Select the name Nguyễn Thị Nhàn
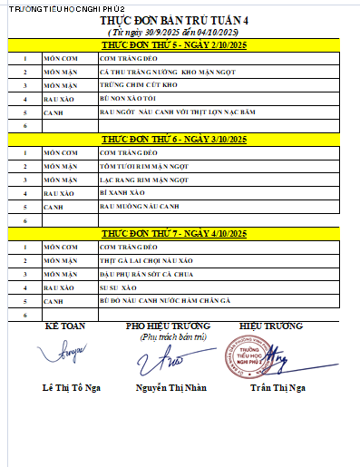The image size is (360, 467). [172, 389]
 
